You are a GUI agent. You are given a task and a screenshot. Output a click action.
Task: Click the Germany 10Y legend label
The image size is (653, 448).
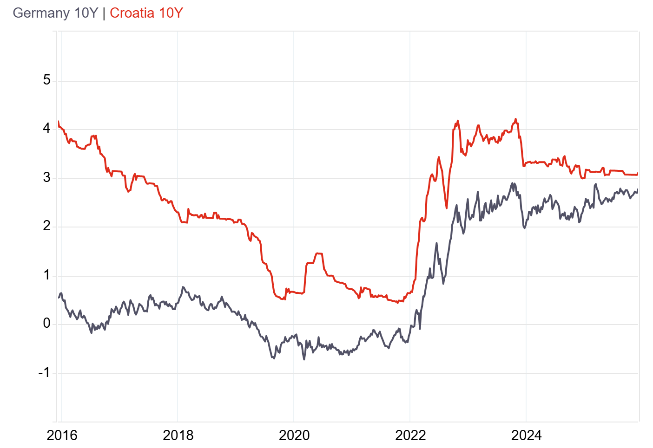55,13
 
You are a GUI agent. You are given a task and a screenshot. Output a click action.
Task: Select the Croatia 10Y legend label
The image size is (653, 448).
146,13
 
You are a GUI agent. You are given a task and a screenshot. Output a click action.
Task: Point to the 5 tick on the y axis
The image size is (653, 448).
46,80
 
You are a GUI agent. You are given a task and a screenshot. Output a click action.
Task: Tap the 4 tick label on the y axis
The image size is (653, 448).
46,129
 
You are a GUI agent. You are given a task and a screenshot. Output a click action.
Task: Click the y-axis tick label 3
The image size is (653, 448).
46,178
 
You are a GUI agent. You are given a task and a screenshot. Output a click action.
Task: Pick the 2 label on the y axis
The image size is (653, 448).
46,227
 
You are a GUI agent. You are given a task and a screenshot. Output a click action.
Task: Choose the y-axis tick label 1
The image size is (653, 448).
46,275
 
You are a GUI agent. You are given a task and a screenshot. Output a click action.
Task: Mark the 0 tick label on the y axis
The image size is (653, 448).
46,324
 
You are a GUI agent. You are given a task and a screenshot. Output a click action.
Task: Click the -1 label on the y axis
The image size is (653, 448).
44,373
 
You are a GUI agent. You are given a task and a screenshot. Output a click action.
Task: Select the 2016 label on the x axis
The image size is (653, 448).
62,435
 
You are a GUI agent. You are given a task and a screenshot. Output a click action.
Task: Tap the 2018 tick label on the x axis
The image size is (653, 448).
178,435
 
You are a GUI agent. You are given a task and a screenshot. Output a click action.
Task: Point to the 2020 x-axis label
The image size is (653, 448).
294,435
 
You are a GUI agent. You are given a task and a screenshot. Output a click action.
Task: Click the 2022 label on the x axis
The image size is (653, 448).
410,435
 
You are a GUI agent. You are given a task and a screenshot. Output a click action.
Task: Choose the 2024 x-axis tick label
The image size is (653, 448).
526,435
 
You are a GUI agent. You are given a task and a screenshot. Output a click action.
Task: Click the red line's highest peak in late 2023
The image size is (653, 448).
515,119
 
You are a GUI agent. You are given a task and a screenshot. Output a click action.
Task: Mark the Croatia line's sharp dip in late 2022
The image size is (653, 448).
446,208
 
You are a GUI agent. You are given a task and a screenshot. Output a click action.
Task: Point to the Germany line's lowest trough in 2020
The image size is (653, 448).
304,359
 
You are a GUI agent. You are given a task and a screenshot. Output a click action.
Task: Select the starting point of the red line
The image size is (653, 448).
59,122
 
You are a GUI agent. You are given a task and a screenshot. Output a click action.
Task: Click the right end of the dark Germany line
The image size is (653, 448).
638,189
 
